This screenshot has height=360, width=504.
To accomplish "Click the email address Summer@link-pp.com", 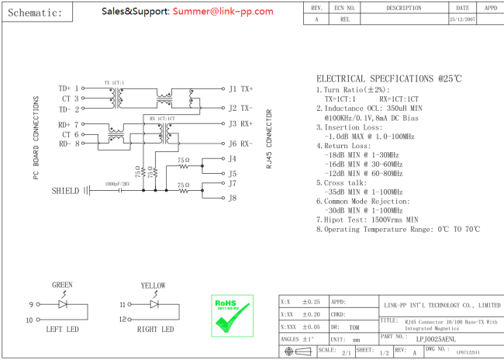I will coord(223,11).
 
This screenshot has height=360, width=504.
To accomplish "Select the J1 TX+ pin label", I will coord(240,88).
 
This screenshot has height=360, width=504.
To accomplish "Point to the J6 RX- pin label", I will coord(240,144).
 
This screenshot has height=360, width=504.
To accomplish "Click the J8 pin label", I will coord(232,198).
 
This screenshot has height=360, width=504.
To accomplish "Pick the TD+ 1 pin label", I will coord(69,88).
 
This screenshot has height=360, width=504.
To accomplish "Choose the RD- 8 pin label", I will coord(69,144).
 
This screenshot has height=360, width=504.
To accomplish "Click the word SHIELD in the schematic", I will coord(65,190).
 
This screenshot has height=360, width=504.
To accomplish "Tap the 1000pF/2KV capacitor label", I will coord(116,184).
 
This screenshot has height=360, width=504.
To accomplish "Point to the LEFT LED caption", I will coord(63,330).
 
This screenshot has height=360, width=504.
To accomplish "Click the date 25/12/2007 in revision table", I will coord(462,19).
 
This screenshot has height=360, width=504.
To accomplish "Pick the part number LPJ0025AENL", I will coord(436,338).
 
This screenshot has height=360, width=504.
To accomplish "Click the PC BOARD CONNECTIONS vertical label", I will coord(36,140).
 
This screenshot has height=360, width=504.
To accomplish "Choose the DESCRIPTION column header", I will coord(403,8).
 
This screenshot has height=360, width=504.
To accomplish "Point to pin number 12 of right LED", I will coord(123,320).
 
